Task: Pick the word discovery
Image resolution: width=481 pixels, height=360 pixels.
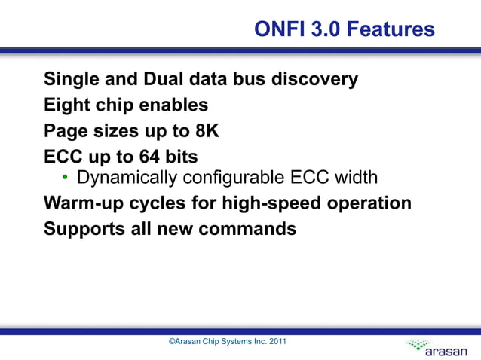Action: pyautogui.click(x=314, y=79)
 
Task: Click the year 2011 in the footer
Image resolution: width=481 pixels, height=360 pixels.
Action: pyautogui.click(x=277, y=342)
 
